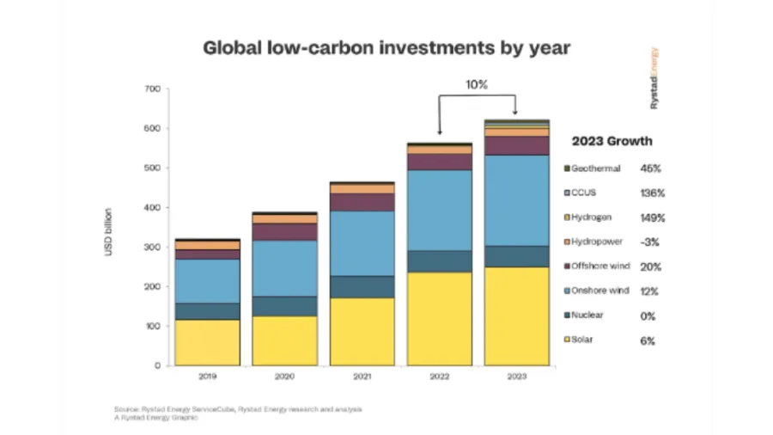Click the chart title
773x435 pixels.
386,47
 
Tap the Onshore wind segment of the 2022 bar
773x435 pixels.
440,210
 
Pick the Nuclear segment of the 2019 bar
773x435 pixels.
207,311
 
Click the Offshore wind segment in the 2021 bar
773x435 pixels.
362,202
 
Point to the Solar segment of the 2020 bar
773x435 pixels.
284,340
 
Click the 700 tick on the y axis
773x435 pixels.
153,89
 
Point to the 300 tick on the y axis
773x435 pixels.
153,248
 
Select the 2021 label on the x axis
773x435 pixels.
362,377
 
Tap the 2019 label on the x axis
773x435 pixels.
207,377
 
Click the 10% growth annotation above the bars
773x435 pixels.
477,86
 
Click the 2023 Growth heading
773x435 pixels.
612,141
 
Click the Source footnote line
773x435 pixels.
237,408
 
